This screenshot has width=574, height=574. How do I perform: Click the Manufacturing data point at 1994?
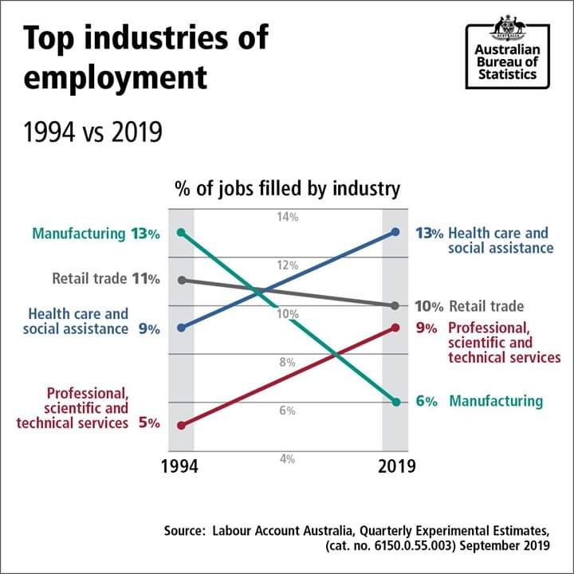(182, 233)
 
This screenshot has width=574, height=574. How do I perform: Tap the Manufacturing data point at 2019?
(395, 402)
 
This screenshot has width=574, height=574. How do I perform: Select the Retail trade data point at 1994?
(182, 280)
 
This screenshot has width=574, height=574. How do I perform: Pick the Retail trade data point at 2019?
(395, 305)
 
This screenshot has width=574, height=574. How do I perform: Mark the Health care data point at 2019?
(395, 232)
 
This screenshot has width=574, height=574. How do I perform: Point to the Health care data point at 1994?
(182, 328)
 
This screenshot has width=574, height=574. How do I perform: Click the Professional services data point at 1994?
(182, 426)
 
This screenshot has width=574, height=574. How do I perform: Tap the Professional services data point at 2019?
(395, 328)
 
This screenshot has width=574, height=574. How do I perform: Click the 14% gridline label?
(288, 217)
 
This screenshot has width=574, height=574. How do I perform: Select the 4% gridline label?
(288, 459)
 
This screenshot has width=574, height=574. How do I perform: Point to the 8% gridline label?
(288, 363)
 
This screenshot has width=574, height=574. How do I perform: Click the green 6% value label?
(427, 402)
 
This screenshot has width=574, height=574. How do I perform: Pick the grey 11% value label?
(147, 279)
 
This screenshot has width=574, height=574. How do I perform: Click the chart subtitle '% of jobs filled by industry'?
(287, 189)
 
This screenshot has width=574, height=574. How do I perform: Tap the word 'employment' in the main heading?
(116, 78)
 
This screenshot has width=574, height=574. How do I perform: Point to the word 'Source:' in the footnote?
(184, 530)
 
